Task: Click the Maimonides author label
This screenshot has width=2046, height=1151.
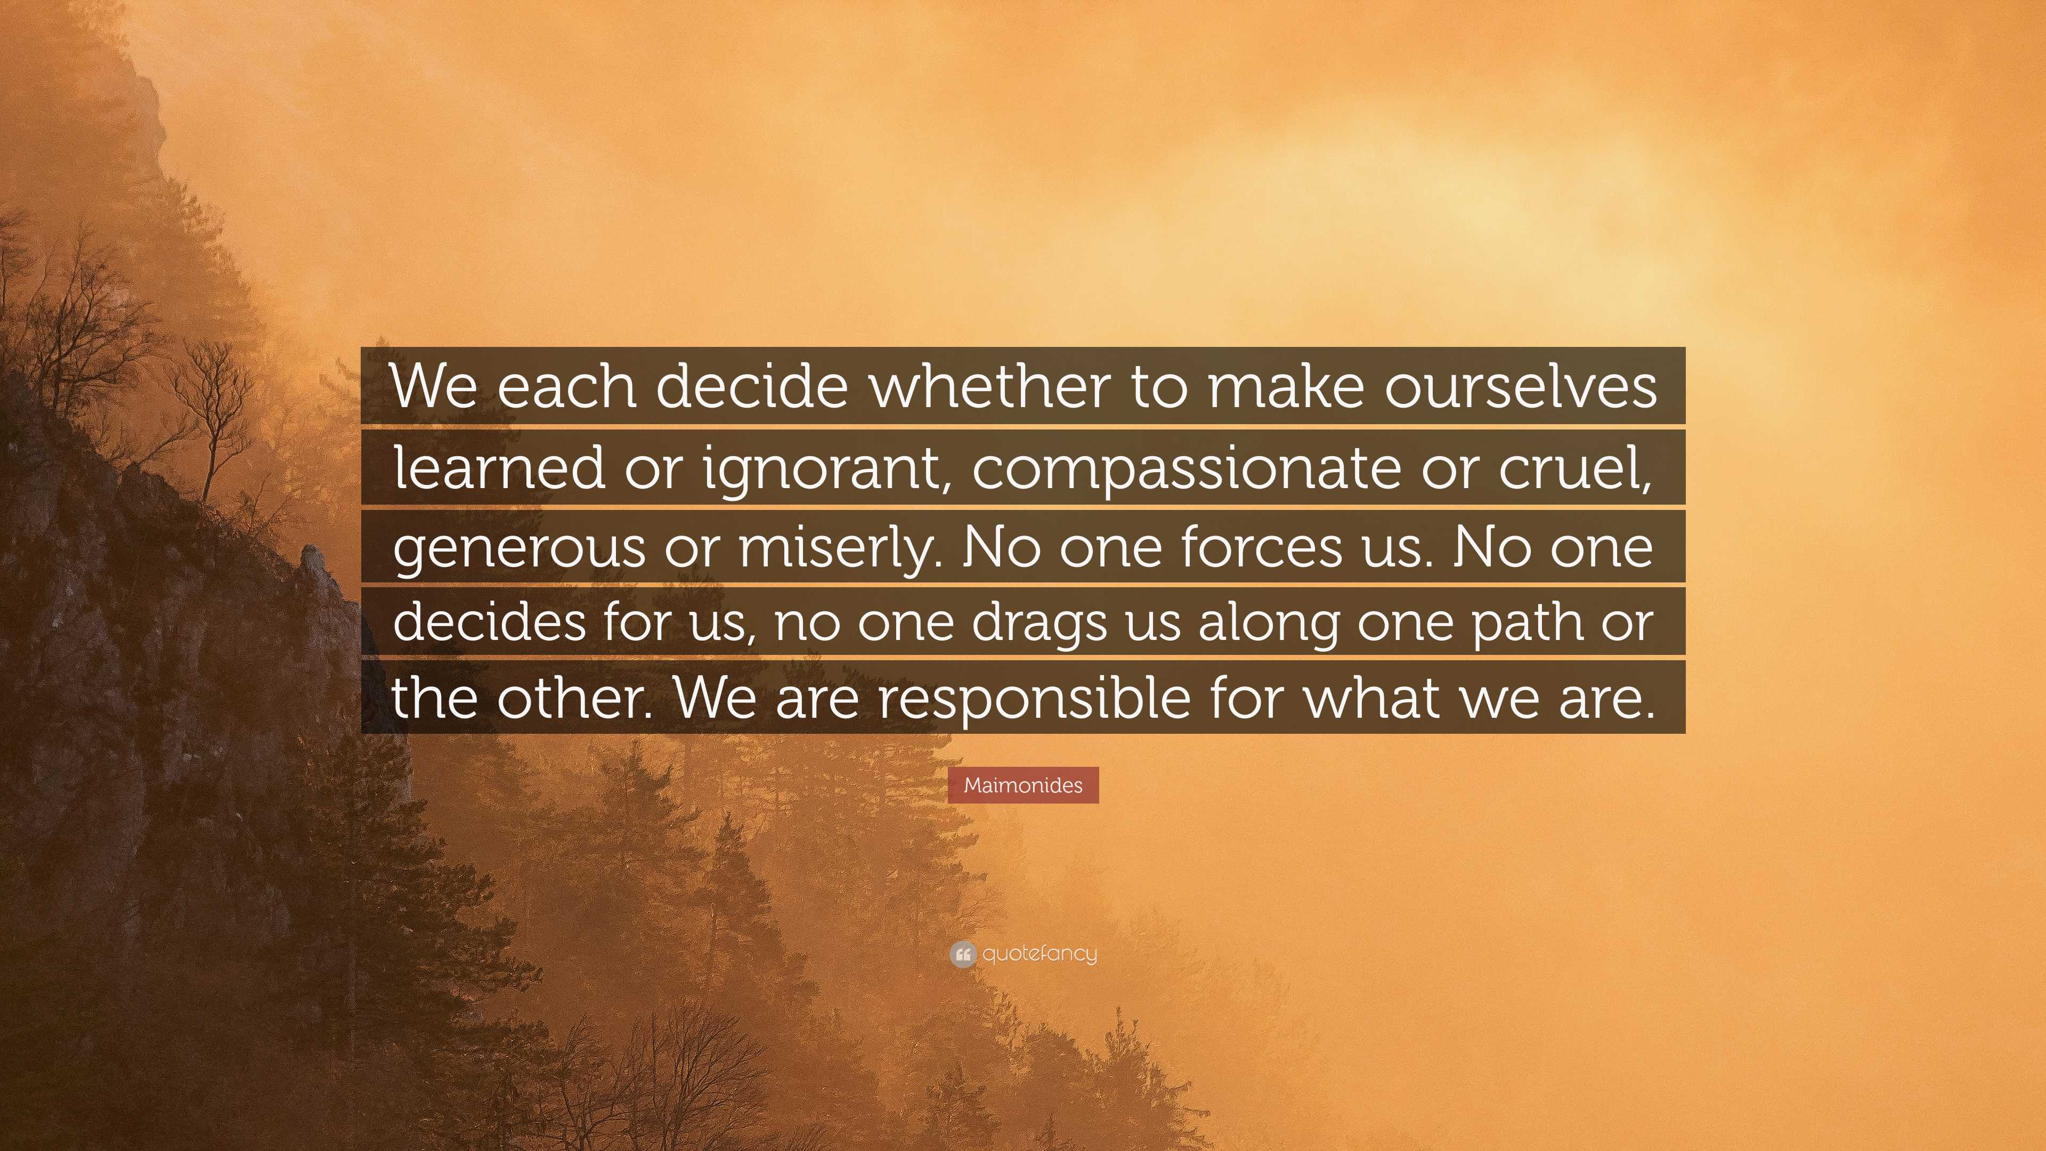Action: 1023,785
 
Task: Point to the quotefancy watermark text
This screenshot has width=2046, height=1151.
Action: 1040,953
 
